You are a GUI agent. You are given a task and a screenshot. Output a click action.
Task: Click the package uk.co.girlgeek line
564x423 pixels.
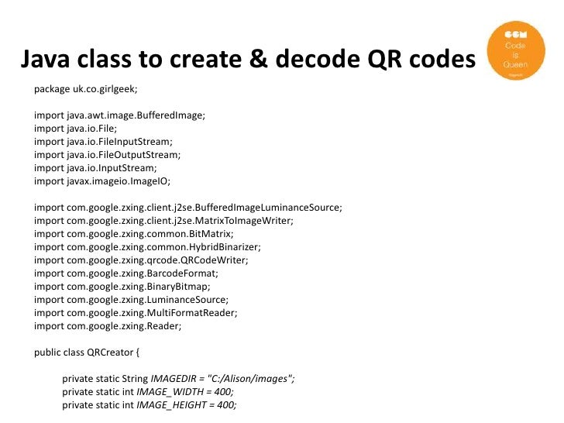click(85, 89)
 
